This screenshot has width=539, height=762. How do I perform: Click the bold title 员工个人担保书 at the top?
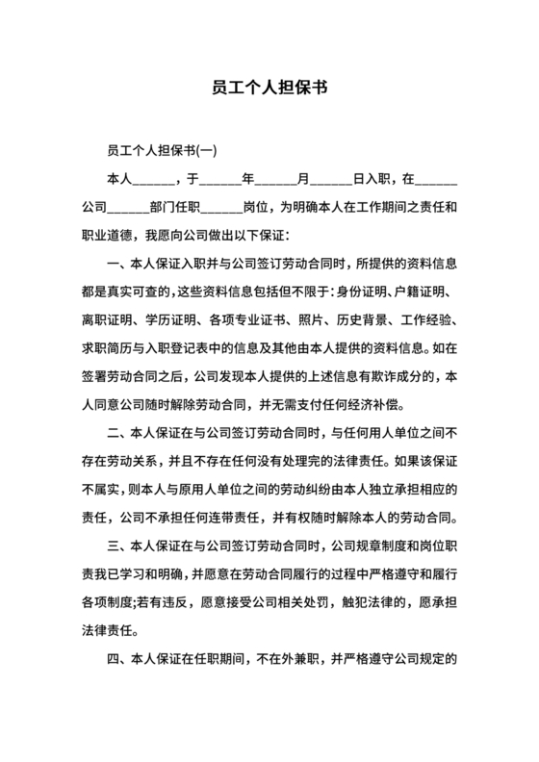click(x=269, y=86)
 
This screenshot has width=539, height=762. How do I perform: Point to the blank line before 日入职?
click(x=332, y=181)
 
